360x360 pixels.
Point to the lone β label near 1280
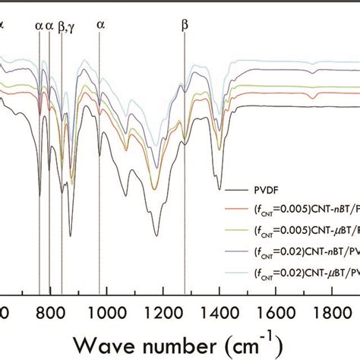point(184,24)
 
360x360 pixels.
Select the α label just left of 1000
point(100,24)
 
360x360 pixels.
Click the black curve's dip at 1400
point(219,189)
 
